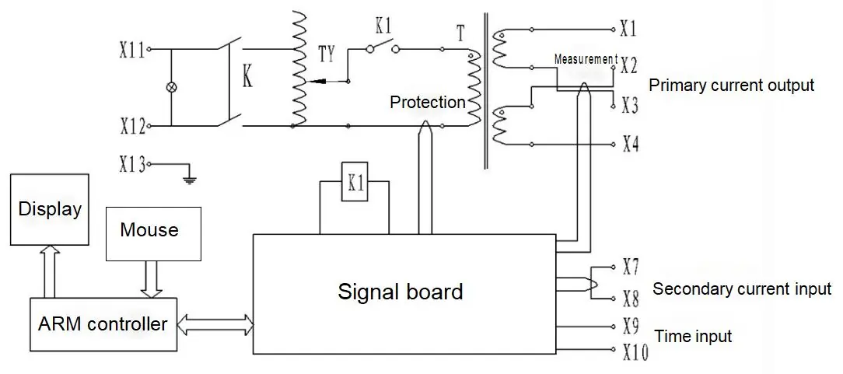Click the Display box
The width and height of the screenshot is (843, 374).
click(50, 210)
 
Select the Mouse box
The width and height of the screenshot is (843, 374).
click(154, 234)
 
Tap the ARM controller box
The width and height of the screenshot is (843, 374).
click(103, 324)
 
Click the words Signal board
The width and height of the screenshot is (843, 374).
click(400, 292)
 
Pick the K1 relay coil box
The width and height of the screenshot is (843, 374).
click(355, 181)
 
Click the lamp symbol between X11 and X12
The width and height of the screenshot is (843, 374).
click(172, 87)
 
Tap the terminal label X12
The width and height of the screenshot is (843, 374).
click(132, 127)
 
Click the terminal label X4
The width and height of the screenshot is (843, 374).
click(631, 145)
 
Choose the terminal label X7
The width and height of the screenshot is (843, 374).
click(631, 267)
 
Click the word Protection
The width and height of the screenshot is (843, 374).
click(428, 102)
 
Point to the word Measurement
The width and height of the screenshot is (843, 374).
click(585, 59)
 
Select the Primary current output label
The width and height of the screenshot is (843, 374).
click(732, 86)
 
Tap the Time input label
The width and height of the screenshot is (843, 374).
click(693, 337)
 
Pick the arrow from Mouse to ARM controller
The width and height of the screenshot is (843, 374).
click(152, 279)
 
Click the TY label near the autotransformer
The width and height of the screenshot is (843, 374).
click(327, 54)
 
